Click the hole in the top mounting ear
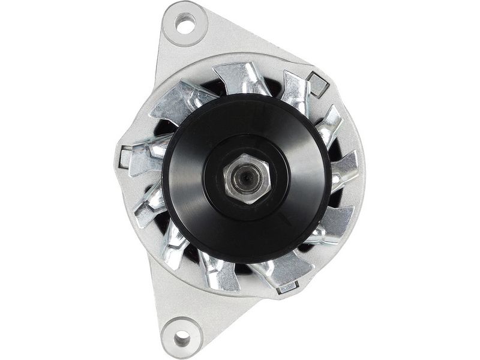pos(185,25)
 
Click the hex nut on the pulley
pos(245,178)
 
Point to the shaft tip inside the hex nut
pos(246,179)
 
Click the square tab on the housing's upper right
pos(317,85)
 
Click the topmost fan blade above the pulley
pos(240,78)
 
